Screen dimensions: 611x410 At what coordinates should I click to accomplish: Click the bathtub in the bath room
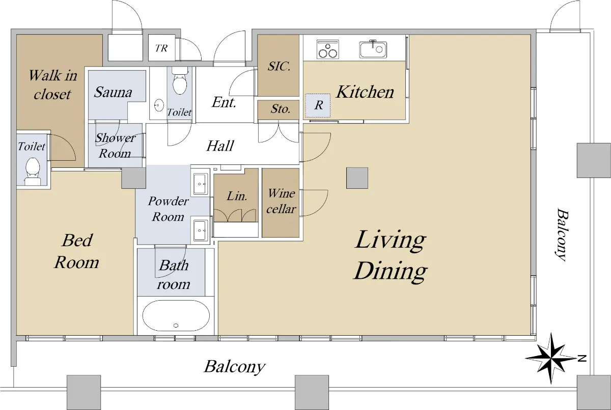coord(176,316)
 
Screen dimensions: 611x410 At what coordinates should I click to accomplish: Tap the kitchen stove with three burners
coord(327,49)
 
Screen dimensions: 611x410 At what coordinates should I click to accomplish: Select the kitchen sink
coord(373,49)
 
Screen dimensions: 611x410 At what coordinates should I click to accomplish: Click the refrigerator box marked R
coord(318,105)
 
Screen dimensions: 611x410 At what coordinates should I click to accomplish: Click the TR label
coord(161,48)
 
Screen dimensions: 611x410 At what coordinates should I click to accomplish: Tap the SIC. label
coord(279,66)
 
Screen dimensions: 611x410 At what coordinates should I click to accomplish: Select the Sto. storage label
coord(281,109)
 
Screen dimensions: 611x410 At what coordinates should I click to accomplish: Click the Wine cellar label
coord(281,201)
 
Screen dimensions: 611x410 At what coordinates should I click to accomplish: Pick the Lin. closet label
coord(237,196)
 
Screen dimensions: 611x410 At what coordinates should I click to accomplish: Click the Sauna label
coord(113,92)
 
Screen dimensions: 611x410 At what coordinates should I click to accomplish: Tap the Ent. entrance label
coord(224,102)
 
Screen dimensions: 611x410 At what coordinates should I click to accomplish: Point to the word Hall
coord(220,146)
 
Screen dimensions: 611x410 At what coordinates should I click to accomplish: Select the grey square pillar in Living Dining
coord(357,178)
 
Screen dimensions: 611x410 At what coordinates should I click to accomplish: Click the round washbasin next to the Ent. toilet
coord(159,105)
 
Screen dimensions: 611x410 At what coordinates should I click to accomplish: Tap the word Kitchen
coord(365,92)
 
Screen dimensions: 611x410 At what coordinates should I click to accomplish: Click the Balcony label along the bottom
coord(235,367)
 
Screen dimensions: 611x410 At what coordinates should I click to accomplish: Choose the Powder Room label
coord(169,209)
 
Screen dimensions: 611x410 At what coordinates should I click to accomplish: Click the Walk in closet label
coord(53,85)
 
